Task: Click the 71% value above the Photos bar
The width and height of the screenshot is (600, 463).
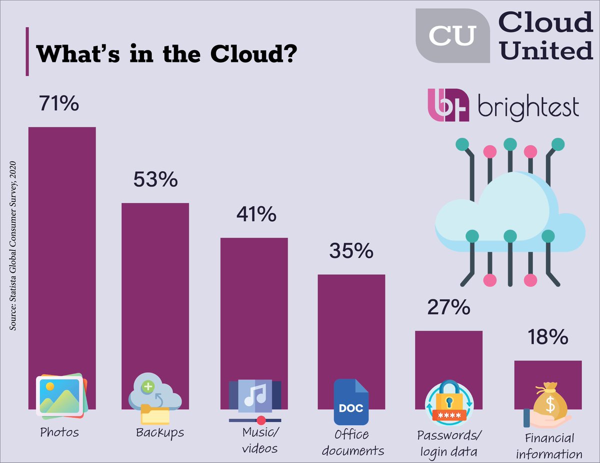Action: click(58, 104)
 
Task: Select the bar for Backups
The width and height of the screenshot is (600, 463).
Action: click(155, 290)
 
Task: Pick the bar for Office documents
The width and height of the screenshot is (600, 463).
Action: click(351, 325)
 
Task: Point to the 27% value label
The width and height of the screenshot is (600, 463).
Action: click(448, 307)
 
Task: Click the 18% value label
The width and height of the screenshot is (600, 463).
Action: click(547, 338)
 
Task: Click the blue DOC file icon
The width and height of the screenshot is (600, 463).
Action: click(351, 402)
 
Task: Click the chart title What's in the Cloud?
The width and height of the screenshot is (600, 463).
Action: click(165, 53)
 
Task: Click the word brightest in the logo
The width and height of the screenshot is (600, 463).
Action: click(528, 107)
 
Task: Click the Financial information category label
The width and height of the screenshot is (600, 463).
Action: click(549, 446)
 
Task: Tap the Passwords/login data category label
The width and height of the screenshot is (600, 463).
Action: click(449, 444)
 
